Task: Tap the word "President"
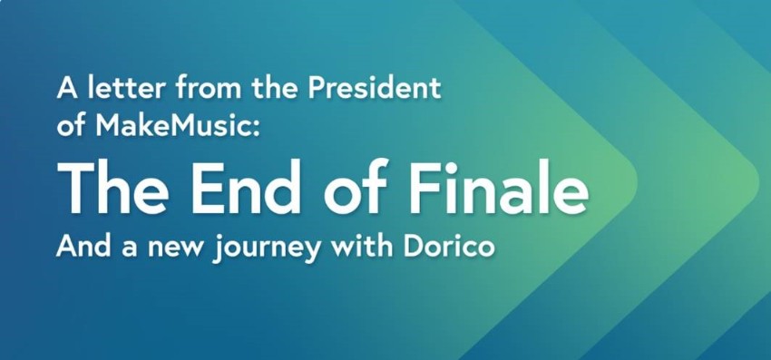(375, 89)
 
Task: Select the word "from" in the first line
(203, 89)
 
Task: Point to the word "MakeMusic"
(172, 125)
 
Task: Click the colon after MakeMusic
(254, 129)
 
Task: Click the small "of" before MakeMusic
(73, 126)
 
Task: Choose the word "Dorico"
(448, 246)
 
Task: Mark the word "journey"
(268, 248)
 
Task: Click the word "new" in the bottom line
(176, 248)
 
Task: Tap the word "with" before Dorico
(363, 246)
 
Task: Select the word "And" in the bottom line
(82, 246)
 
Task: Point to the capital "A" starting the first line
(67, 89)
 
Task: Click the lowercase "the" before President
(275, 89)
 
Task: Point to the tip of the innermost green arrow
(638, 182)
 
